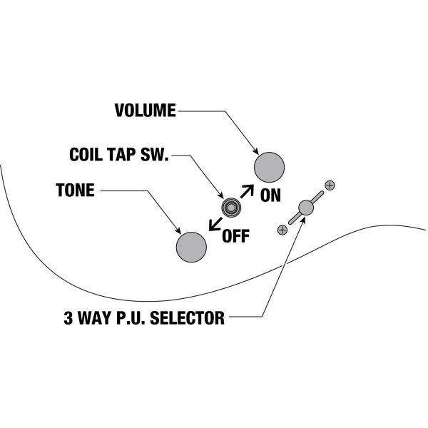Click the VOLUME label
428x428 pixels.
coord(145,111)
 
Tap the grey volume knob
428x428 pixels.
coord(270,167)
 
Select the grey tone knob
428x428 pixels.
coord(191,246)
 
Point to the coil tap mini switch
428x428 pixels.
coord(230,208)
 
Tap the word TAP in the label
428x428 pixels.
coord(127,154)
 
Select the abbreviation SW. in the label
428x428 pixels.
coord(156,154)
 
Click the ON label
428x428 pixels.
coord(270,195)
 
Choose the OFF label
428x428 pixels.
coord(235,236)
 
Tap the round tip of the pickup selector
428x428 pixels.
coord(306,208)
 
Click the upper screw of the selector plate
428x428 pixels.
coord(330,185)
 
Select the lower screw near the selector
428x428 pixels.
coord(282,230)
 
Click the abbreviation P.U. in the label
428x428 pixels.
coord(133,317)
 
